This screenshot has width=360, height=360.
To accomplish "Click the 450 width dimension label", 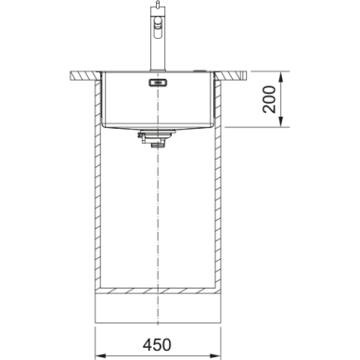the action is pyautogui.click(x=157, y=344).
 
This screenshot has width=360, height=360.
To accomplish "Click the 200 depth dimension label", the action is pyautogui.click(x=269, y=99).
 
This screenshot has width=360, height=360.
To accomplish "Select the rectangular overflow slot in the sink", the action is pyautogui.click(x=158, y=83).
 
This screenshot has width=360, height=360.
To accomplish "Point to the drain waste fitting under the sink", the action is pyautogui.click(x=157, y=138).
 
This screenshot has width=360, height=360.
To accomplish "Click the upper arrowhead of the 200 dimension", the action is pyautogui.click(x=281, y=77).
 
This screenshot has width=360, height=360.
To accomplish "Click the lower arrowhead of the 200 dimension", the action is pyautogui.click(x=281, y=122).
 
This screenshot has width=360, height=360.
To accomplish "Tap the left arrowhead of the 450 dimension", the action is pyautogui.click(x=100, y=354).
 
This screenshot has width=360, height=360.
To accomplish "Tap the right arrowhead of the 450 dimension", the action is pyautogui.click(x=215, y=354).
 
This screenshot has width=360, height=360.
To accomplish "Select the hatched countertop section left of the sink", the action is pyautogui.click(x=85, y=76).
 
